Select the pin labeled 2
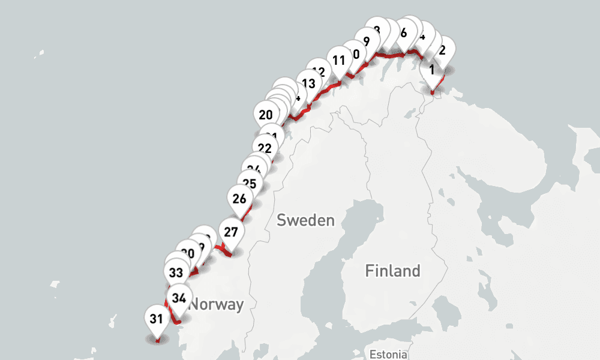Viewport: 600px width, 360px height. [x=442, y=50]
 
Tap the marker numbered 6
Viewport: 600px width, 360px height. [x=403, y=33]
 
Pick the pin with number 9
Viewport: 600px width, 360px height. [x=367, y=41]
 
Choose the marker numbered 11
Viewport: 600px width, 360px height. [x=339, y=60]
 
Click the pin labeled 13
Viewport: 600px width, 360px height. [x=308, y=83]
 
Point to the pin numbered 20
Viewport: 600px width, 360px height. [x=266, y=115]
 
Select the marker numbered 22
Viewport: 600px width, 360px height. [x=265, y=148]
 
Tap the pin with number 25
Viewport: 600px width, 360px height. [x=250, y=184]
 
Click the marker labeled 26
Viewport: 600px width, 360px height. [x=239, y=198]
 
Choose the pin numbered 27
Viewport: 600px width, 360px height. [x=231, y=232]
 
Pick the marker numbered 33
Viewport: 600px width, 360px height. [x=176, y=273]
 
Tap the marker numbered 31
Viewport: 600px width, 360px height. [x=157, y=319]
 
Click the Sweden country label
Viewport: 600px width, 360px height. [x=305, y=220]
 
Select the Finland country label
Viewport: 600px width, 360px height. [x=392, y=271]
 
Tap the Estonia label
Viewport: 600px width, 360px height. [x=389, y=353]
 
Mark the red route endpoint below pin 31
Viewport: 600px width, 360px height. [x=157, y=341]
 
